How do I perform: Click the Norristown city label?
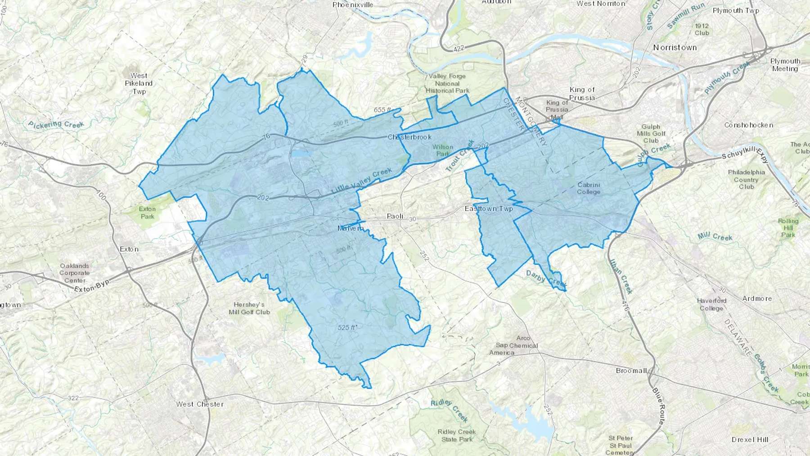click(675, 47)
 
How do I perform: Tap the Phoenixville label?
click(353, 5)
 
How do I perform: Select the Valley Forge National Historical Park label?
click(447, 83)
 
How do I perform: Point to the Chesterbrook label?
click(409, 137)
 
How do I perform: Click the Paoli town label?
click(395, 217)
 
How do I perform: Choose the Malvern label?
click(351, 228)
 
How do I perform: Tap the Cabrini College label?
click(589, 188)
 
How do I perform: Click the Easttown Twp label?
click(489, 209)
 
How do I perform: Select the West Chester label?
click(200, 404)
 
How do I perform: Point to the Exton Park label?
click(147, 212)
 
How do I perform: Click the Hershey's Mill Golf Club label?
click(249, 308)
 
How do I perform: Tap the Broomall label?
click(631, 370)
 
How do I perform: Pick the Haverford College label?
click(711, 304)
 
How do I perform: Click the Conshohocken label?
click(749, 125)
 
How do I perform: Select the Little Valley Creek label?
click(362, 181)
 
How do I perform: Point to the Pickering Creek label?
click(56, 123)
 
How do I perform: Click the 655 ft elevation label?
click(383, 110)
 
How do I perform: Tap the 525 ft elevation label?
click(347, 328)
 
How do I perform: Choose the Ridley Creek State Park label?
click(456, 435)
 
